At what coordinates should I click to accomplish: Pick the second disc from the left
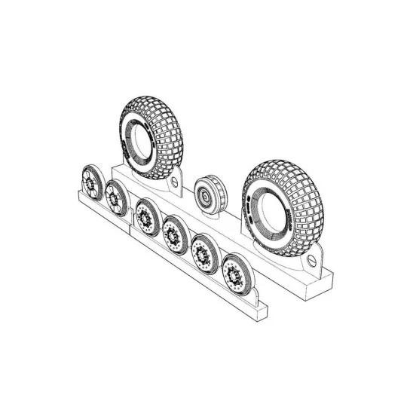point(116,198)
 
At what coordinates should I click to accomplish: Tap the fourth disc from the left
point(175,234)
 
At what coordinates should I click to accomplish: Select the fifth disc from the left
point(203,252)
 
